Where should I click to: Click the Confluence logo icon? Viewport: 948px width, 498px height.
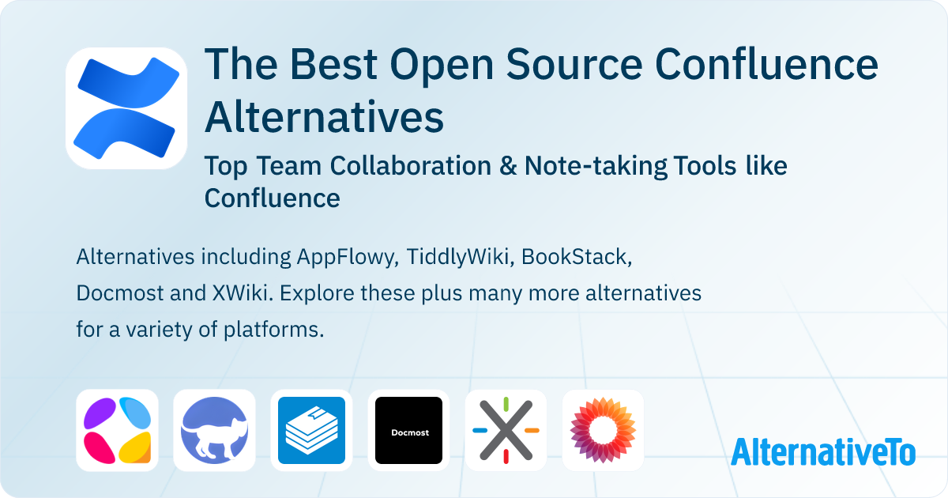coord(126,108)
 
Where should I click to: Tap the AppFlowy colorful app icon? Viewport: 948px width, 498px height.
coord(117,430)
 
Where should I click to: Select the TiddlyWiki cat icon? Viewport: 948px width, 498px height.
coord(214,430)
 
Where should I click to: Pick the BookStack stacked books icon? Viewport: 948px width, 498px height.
coord(312,430)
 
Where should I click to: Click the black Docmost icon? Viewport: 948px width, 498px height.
coord(408,430)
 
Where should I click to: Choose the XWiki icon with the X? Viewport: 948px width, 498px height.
coord(506,430)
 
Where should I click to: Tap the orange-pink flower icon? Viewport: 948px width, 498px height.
coord(603,430)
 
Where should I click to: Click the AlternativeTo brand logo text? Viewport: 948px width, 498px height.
coord(823,451)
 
